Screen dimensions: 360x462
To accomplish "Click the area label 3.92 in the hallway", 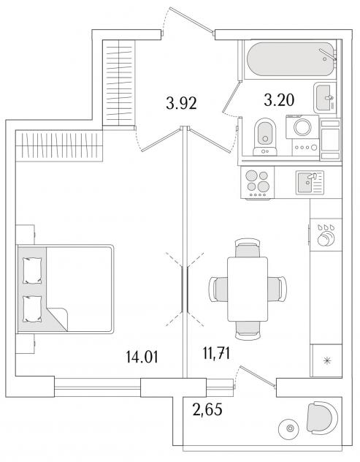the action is pyautogui.click(x=181, y=103).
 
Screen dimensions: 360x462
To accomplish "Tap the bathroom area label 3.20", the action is pyautogui.click(x=279, y=100).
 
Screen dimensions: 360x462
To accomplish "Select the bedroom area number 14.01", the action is pyautogui.click(x=142, y=357).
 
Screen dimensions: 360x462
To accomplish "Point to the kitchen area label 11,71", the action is pyautogui.click(x=216, y=353).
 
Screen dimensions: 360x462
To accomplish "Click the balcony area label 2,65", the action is pyautogui.click(x=207, y=409).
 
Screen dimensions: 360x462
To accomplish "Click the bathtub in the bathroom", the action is pyautogui.click(x=291, y=59).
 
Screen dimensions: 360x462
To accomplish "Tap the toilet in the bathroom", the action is pyautogui.click(x=265, y=137).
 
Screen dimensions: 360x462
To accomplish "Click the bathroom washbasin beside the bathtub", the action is pyautogui.click(x=325, y=98).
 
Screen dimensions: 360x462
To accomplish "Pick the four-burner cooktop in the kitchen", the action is pyautogui.click(x=258, y=183).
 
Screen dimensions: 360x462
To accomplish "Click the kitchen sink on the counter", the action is pyautogui.click(x=310, y=183).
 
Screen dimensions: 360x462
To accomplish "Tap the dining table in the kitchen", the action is pyautogui.click(x=248, y=289).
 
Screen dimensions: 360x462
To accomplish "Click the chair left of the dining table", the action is pyautogui.click(x=218, y=289).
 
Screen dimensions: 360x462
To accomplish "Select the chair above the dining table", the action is pyautogui.click(x=248, y=248).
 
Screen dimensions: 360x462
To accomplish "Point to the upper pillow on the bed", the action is pyautogui.click(x=32, y=270).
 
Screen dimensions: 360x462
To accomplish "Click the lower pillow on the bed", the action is pyautogui.click(x=32, y=308).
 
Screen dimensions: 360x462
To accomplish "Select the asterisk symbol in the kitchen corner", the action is pyautogui.click(x=326, y=360).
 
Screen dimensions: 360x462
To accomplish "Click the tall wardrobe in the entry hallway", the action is pyautogui.click(x=118, y=83).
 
